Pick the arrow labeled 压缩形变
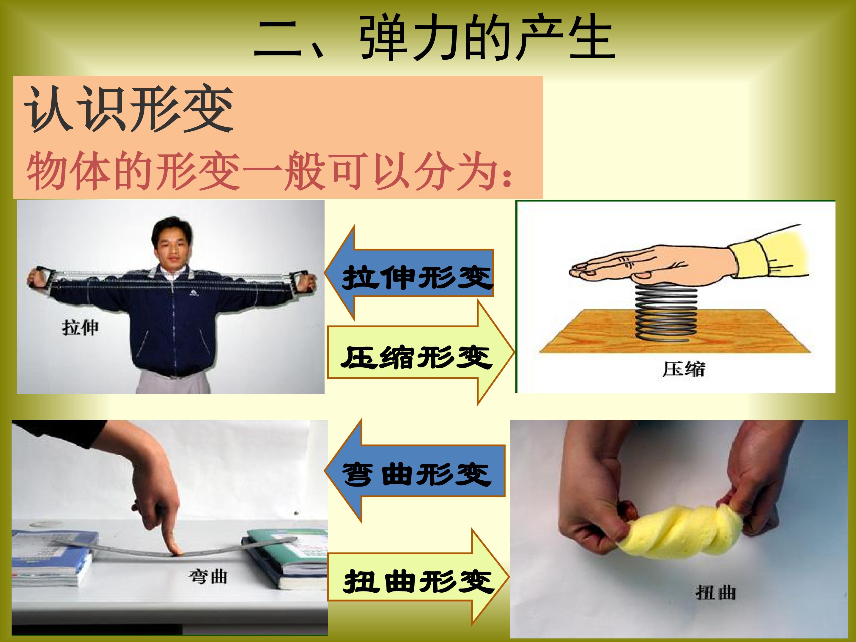click(421, 352)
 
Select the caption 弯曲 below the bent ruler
click(208, 577)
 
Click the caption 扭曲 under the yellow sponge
click(715, 592)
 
